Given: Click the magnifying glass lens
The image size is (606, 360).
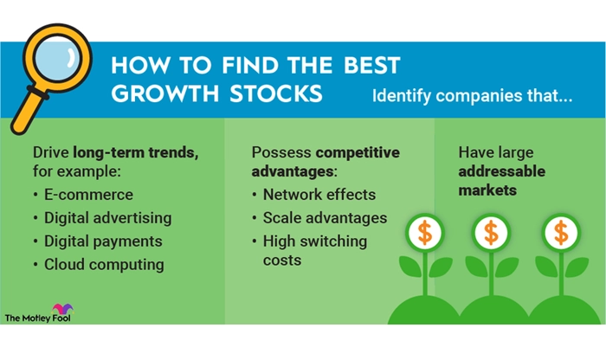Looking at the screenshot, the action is (x=57, y=58).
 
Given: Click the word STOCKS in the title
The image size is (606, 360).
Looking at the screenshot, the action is (x=276, y=93).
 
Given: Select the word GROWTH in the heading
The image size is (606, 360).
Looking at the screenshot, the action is (x=165, y=93).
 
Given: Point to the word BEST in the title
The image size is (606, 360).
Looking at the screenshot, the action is (x=372, y=65).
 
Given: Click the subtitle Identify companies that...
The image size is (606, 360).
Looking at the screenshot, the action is (x=472, y=96).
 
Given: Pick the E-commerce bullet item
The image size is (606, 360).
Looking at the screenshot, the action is (x=88, y=195).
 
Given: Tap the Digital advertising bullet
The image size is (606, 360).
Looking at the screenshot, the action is (x=108, y=218).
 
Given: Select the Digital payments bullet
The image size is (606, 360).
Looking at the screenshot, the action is (x=103, y=241).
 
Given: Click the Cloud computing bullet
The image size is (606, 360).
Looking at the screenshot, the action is (x=104, y=265).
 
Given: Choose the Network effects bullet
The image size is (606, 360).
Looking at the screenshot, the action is (x=319, y=195).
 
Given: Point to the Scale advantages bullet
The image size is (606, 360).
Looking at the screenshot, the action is (x=325, y=218).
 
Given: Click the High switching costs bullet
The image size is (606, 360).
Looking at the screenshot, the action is (x=315, y=250).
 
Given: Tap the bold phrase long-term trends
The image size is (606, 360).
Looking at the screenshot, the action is (x=136, y=152).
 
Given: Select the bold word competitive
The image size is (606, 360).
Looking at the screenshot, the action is (x=358, y=152).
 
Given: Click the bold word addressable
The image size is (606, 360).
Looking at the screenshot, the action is (x=501, y=171).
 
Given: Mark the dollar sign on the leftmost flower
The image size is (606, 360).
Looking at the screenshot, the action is (x=425, y=233).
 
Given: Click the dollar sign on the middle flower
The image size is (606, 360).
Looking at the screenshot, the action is (x=491, y=233).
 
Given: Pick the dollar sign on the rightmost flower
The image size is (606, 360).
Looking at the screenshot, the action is (x=561, y=233).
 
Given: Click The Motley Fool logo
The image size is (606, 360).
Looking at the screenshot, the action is (x=39, y=313).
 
